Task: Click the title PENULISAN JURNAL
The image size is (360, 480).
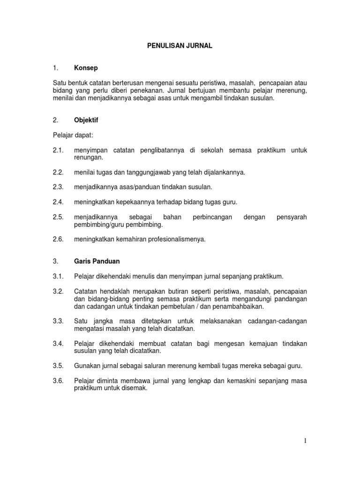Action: (180, 45)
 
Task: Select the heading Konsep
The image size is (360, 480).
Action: (86, 68)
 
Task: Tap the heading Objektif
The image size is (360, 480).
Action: (86, 120)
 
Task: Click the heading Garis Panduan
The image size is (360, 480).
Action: (96, 260)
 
